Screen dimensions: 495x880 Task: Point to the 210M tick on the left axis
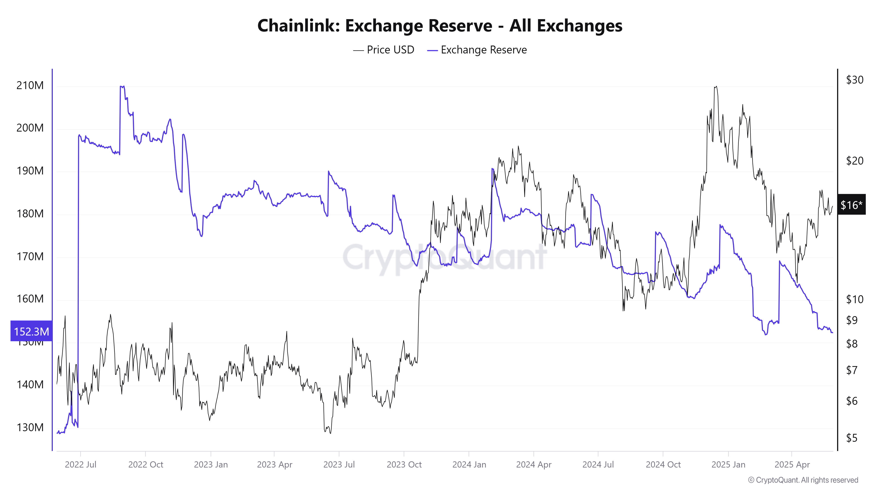coord(30,85)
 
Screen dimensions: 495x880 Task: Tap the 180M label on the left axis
coord(30,214)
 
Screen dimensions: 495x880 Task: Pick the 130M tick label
coord(30,427)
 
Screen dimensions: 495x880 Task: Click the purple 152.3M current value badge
coord(31,331)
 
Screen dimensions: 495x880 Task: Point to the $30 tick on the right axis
coord(854,80)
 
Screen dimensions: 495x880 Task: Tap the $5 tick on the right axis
coord(852,438)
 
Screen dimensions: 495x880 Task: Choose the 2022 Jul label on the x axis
coord(81,465)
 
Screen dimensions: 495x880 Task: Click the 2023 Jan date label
coord(211,465)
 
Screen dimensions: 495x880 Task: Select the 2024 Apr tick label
coord(533,465)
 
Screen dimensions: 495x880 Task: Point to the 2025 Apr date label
coord(792,465)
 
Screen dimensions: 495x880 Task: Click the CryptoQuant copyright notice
coord(803,480)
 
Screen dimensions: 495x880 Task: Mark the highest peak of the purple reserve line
coord(122,86)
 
